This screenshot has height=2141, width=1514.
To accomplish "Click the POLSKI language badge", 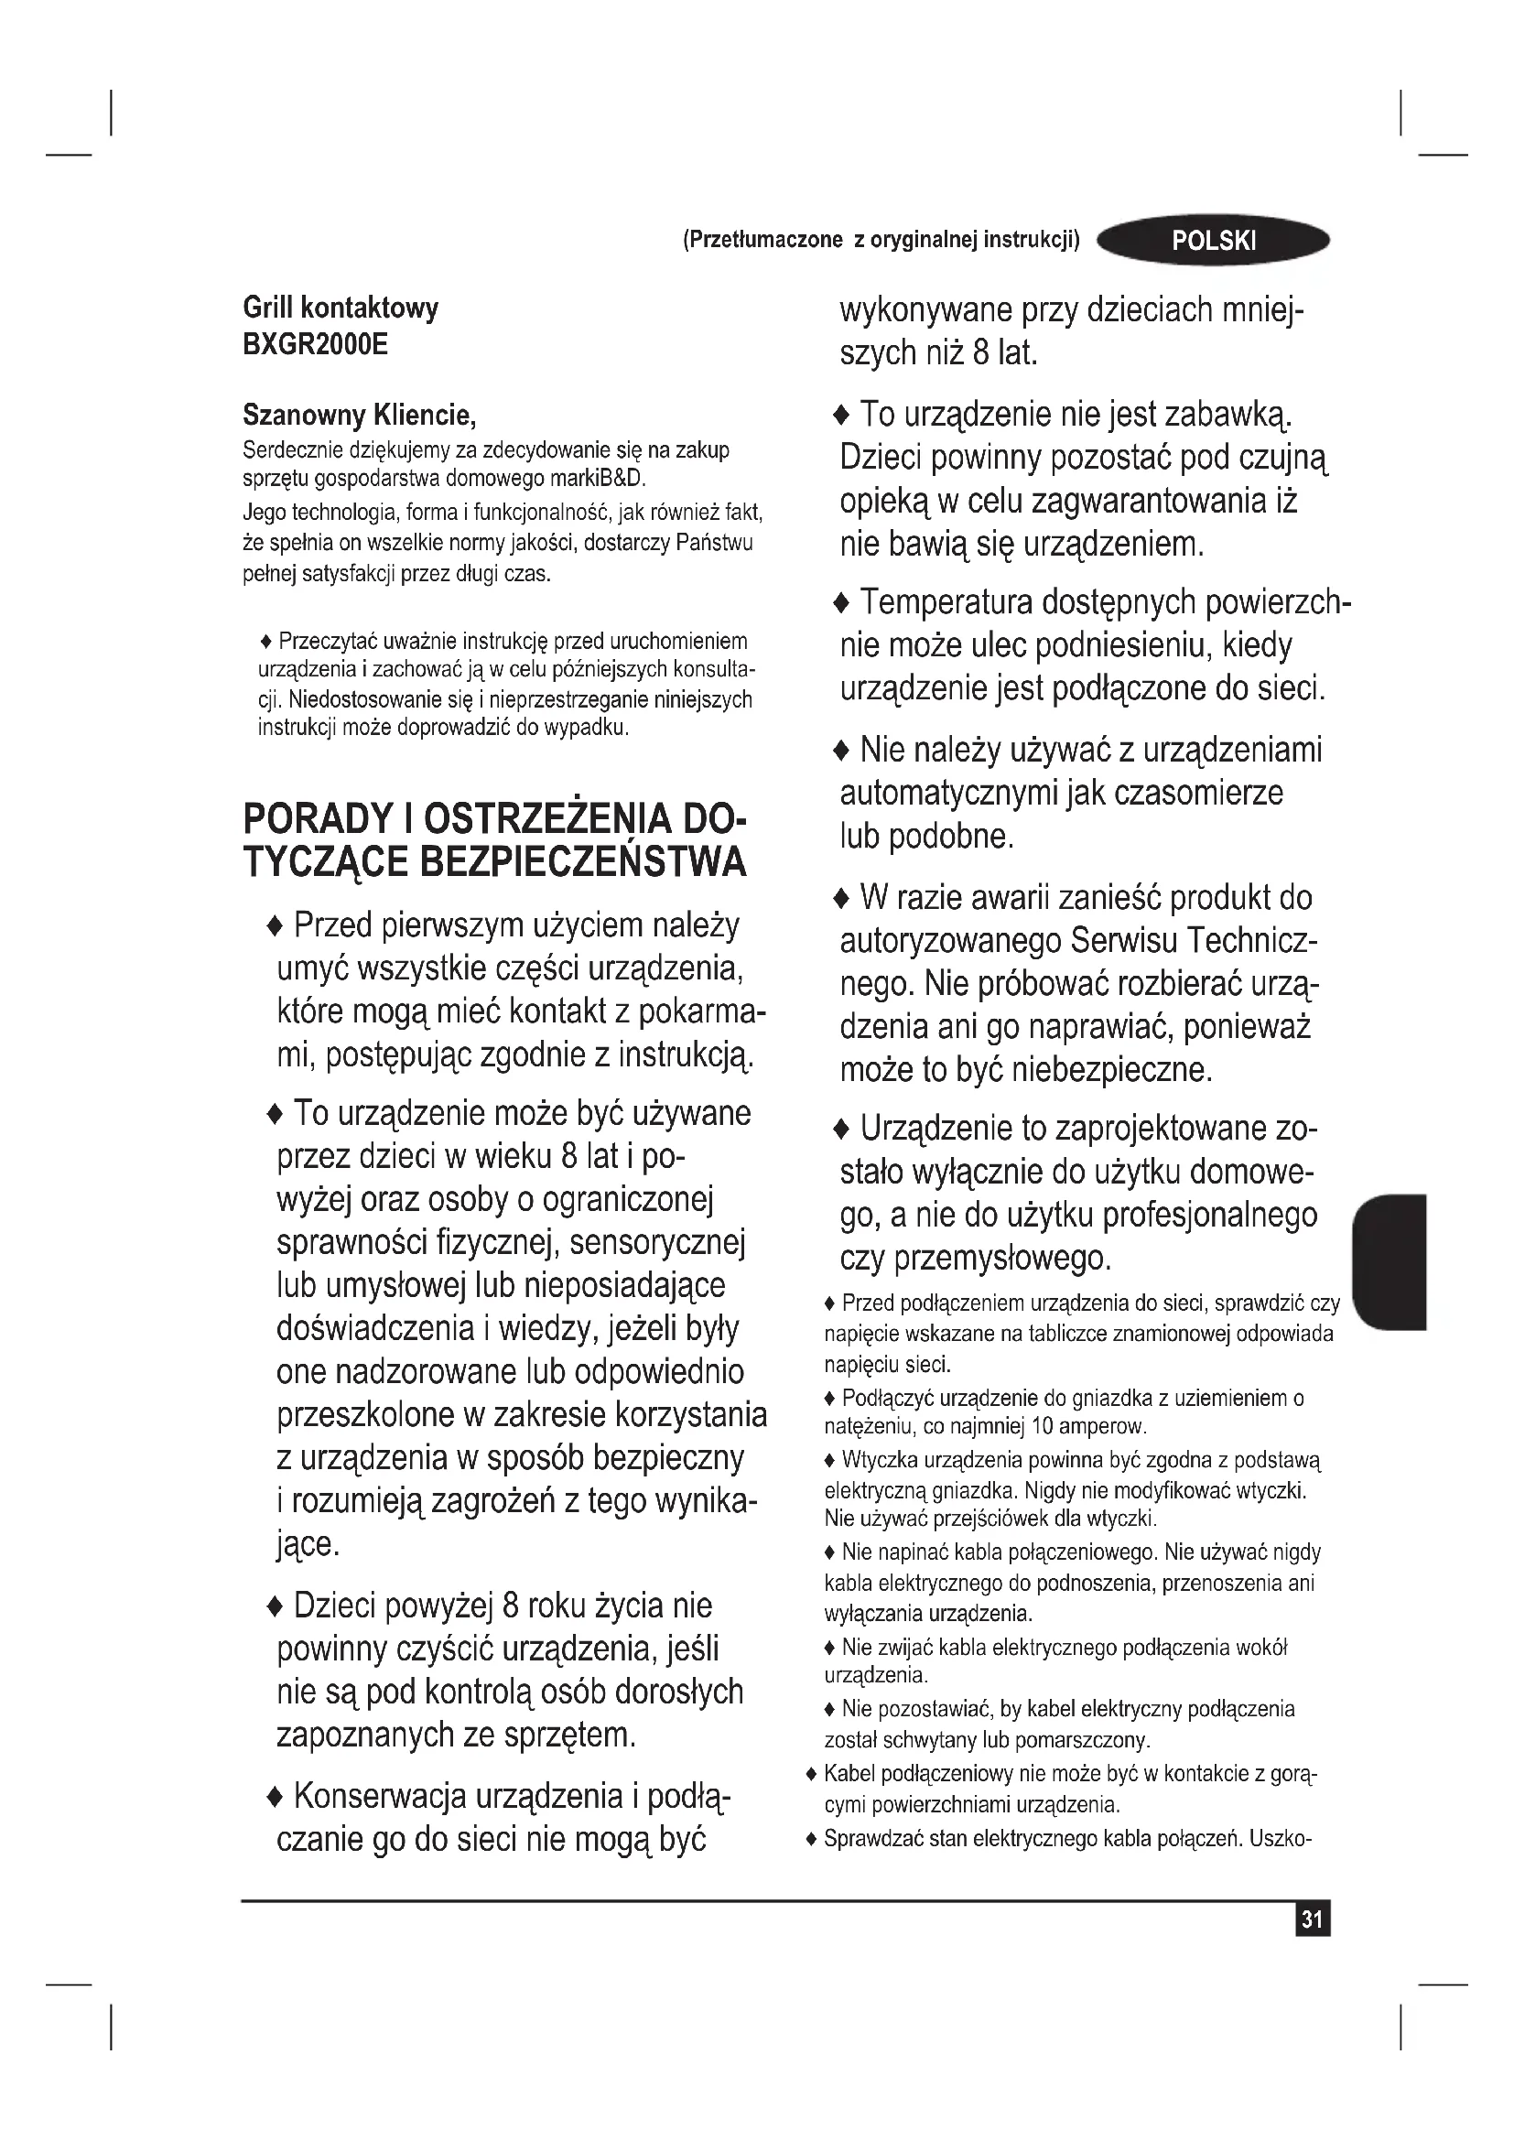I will tap(1213, 241).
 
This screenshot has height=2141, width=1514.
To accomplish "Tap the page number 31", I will tap(1312, 1919).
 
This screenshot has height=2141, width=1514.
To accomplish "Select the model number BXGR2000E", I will tap(315, 345).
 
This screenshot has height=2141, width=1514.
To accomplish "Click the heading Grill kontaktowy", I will tap(341, 308).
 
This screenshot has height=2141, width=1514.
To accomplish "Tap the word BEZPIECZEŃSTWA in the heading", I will tap(583, 861).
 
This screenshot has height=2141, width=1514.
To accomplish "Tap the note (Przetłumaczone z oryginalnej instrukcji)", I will tap(881, 241).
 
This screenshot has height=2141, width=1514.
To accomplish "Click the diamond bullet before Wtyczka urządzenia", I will tap(830, 1459).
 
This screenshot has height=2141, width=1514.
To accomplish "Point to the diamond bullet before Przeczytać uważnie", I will tap(266, 642).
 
